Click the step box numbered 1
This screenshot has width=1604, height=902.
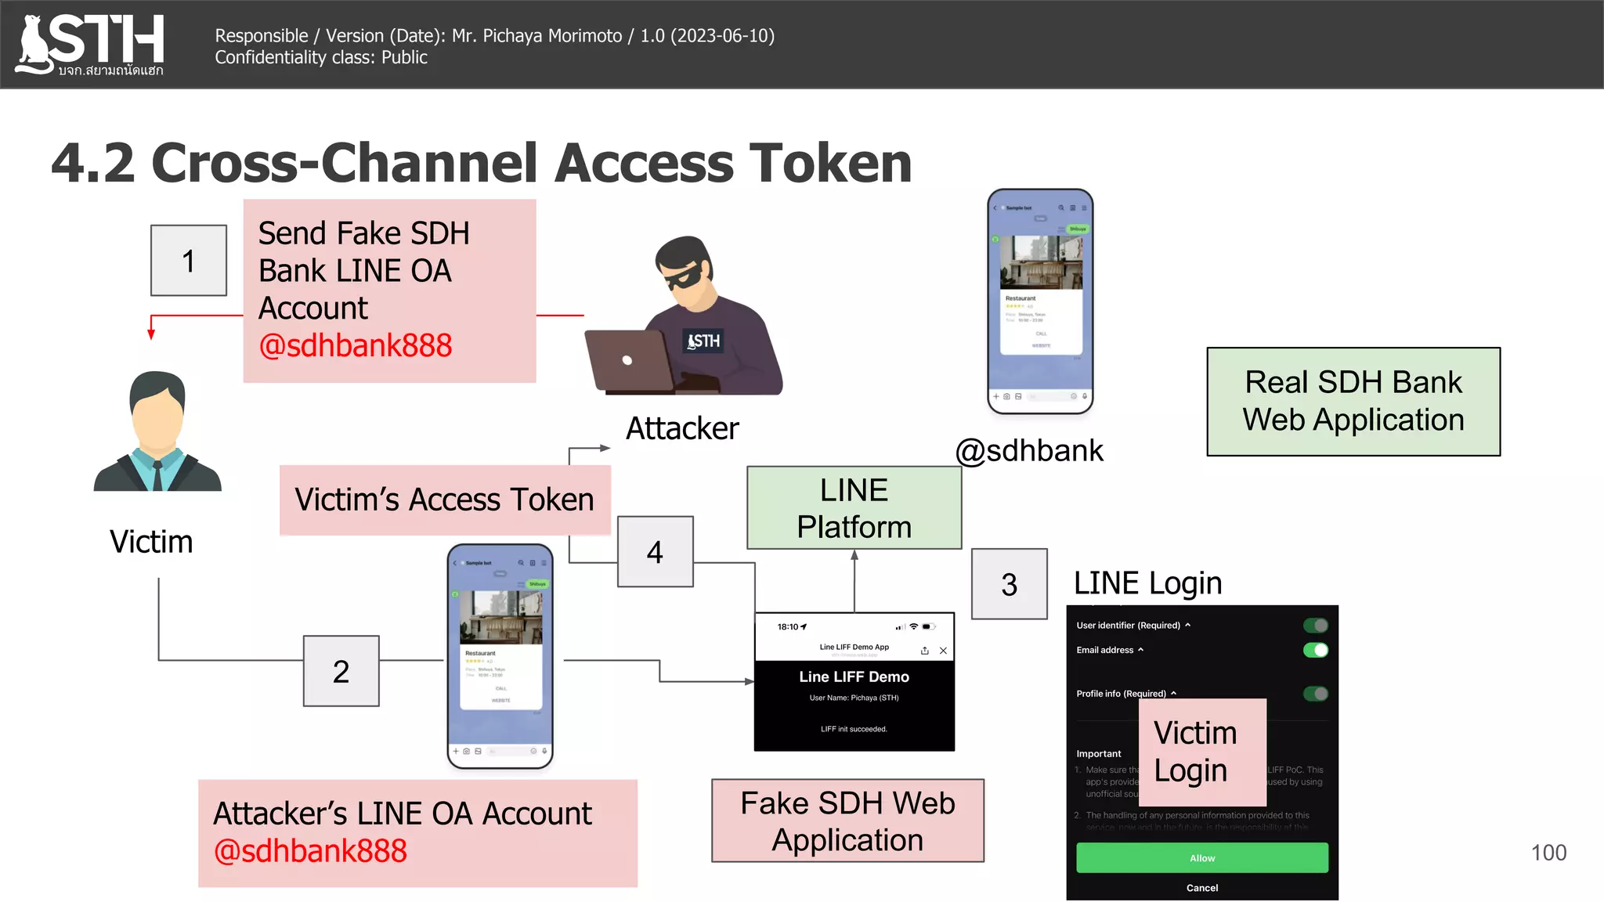(x=189, y=261)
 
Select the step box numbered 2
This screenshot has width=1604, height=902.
(x=341, y=671)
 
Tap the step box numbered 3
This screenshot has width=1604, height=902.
(x=1009, y=584)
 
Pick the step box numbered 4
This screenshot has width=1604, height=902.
(x=656, y=552)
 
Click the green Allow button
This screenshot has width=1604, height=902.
(x=1201, y=858)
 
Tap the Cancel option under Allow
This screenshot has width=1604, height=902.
(x=1201, y=888)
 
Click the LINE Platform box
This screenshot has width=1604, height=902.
(x=854, y=508)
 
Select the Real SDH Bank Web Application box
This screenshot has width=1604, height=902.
(x=1353, y=402)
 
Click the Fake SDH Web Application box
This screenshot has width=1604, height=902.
(x=847, y=821)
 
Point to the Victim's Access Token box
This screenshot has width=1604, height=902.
(x=444, y=500)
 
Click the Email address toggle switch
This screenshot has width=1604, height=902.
(x=1315, y=650)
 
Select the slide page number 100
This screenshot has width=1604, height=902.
(x=1548, y=853)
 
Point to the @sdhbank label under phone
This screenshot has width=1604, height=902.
(x=1028, y=451)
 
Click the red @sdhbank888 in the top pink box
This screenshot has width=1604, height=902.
(x=356, y=345)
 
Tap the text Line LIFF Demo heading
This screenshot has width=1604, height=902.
(x=854, y=676)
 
